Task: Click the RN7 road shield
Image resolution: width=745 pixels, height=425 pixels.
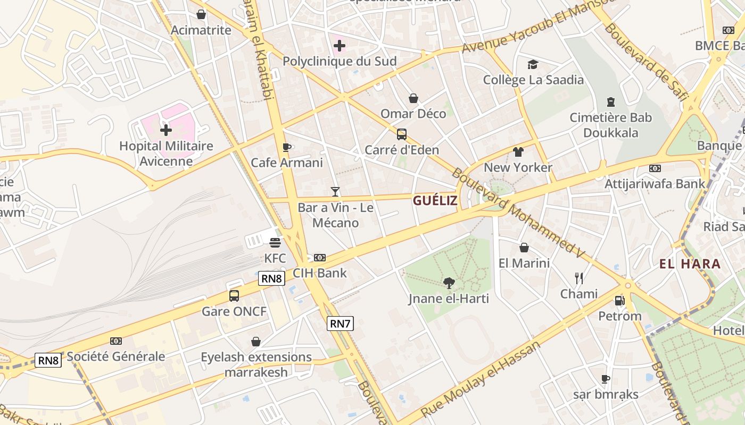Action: coord(340,324)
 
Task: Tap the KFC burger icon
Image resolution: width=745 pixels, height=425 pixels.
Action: coord(275,243)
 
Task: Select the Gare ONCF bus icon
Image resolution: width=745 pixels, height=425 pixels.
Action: coord(234,296)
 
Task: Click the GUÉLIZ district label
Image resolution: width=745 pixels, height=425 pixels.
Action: coord(435,200)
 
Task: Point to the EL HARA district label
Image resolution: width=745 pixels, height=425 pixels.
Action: coord(690,264)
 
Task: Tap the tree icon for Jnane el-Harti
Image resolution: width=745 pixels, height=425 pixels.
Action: coord(449,283)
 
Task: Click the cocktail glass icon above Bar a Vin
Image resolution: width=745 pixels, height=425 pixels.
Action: coord(335,192)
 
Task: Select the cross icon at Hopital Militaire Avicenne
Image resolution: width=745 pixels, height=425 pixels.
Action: coord(166,130)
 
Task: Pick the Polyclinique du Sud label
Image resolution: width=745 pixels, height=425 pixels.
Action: coord(340,61)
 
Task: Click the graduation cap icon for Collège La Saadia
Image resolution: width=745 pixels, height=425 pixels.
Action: coord(533,65)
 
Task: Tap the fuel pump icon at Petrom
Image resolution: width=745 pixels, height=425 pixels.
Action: coord(619,301)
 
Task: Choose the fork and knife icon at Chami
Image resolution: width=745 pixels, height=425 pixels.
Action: coord(579,278)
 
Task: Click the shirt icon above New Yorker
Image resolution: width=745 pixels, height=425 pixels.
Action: coord(518,152)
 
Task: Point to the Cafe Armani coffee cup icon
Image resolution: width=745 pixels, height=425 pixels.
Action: coord(286,147)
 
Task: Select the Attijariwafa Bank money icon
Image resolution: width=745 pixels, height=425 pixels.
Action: coord(655,168)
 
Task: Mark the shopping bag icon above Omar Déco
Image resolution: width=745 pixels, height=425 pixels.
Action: coord(413,98)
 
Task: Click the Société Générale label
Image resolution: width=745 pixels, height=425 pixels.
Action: coord(116,356)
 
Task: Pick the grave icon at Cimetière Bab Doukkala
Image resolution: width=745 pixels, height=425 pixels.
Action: coord(610,102)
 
